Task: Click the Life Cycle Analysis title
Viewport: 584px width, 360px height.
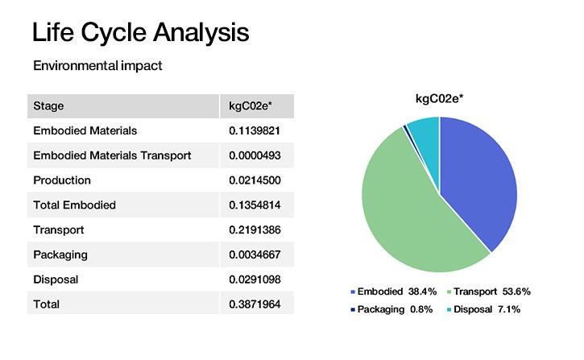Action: [140, 33]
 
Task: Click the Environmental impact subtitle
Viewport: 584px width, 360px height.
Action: [97, 66]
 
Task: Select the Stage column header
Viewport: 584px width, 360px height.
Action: [48, 106]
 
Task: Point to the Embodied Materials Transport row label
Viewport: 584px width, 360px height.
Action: [112, 155]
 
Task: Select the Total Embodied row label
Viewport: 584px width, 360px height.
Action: [74, 205]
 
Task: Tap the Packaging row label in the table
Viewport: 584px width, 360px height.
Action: [60, 254]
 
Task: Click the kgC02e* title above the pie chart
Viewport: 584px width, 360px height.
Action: [440, 99]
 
